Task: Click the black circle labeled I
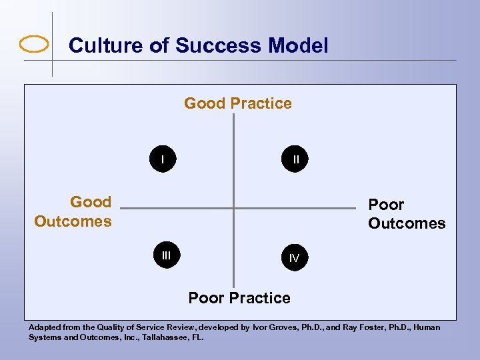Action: pos(163,160)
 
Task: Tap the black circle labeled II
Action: pos(295,160)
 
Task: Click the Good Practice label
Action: pos(238,103)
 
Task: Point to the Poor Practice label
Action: pos(239,298)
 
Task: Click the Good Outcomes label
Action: pos(73,211)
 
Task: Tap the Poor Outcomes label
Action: pos(406,214)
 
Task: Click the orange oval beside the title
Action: pos(35,45)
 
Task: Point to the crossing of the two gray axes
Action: pos(234,209)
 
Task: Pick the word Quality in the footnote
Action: pos(115,327)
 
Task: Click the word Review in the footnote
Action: pos(179,327)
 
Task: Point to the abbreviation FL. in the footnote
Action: pos(197,337)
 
